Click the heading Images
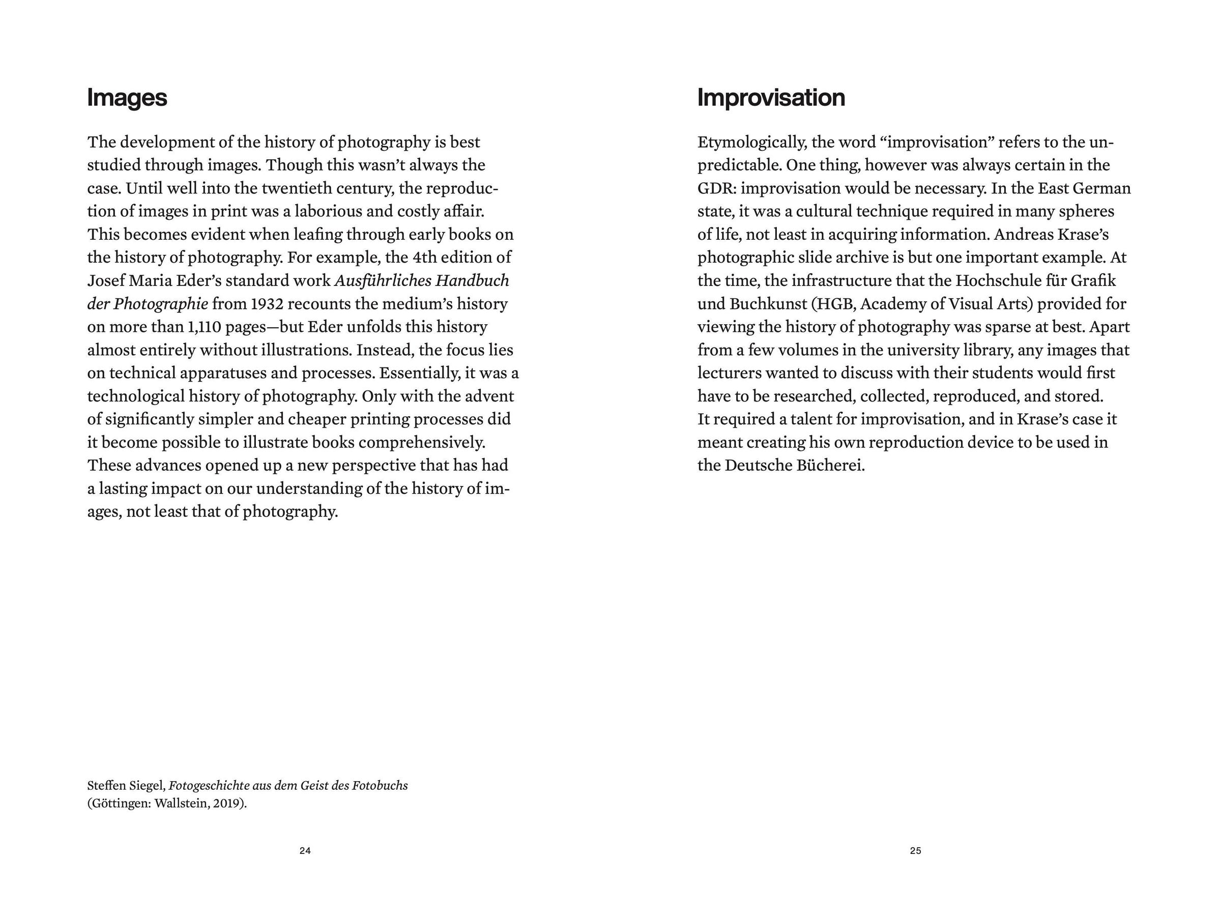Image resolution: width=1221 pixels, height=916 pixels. pos(127,98)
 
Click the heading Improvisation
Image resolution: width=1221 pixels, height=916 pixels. pos(771,98)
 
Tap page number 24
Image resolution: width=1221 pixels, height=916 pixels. pos(305,851)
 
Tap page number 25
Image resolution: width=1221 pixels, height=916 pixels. pos(916,851)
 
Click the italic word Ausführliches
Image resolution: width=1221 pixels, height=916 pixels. pos(383,281)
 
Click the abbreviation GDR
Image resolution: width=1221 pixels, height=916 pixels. pos(716,189)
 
